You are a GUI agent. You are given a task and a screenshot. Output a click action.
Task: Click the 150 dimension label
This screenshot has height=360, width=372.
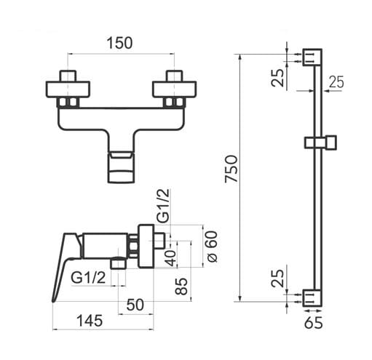(x=119, y=43)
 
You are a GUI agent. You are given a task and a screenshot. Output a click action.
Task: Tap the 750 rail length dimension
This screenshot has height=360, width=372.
(x=231, y=169)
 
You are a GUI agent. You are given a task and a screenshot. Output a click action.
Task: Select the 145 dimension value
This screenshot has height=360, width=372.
(x=90, y=321)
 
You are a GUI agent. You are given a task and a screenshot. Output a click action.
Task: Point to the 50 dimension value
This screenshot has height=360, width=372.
(x=135, y=305)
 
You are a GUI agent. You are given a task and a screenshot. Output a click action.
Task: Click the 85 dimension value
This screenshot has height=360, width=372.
(x=181, y=286)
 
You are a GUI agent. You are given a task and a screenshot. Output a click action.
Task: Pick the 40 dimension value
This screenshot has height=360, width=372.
(x=171, y=258)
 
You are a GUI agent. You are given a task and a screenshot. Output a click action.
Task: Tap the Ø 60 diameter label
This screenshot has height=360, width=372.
(x=212, y=247)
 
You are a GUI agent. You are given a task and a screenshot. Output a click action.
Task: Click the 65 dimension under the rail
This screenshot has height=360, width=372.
(x=313, y=323)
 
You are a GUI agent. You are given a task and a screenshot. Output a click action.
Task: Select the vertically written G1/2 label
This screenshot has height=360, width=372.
(x=163, y=206)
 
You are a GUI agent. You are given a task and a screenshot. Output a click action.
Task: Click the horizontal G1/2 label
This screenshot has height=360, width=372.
(x=88, y=278)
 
